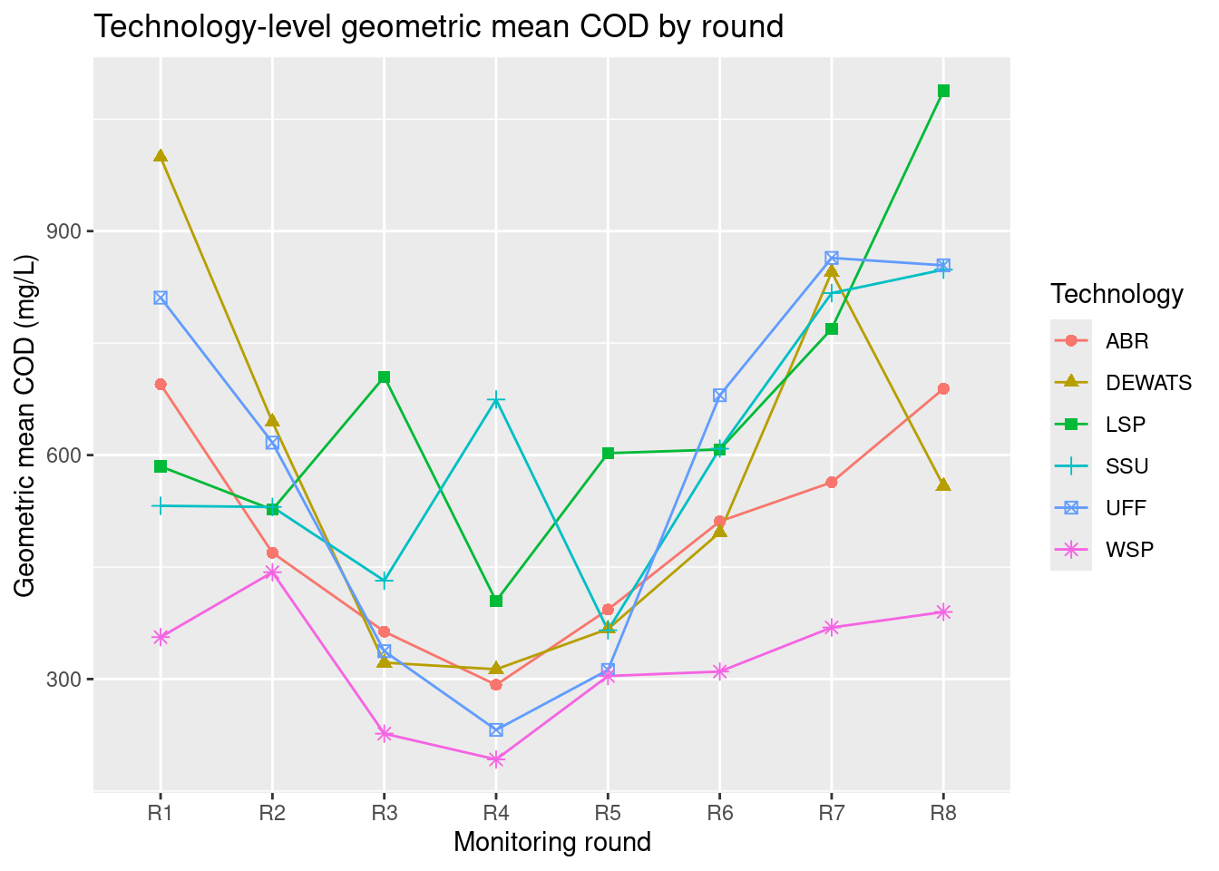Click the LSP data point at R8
pyautogui.click(x=943, y=91)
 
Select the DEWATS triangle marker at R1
pyautogui.click(x=161, y=156)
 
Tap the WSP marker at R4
pyautogui.click(x=496, y=759)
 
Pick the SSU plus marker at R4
pyautogui.click(x=496, y=399)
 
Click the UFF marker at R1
pyautogui.click(x=161, y=298)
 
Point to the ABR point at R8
pyautogui.click(x=943, y=389)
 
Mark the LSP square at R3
pyautogui.click(x=385, y=377)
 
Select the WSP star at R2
pyautogui.click(x=272, y=572)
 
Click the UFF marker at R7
pyautogui.click(x=832, y=259)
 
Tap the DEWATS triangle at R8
pyautogui.click(x=943, y=484)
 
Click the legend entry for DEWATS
pyautogui.click(x=1148, y=383)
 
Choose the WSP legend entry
pyautogui.click(x=1129, y=550)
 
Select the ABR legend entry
pyautogui.click(x=1126, y=342)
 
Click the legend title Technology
pyautogui.click(x=1117, y=294)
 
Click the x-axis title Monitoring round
pyautogui.click(x=552, y=843)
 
